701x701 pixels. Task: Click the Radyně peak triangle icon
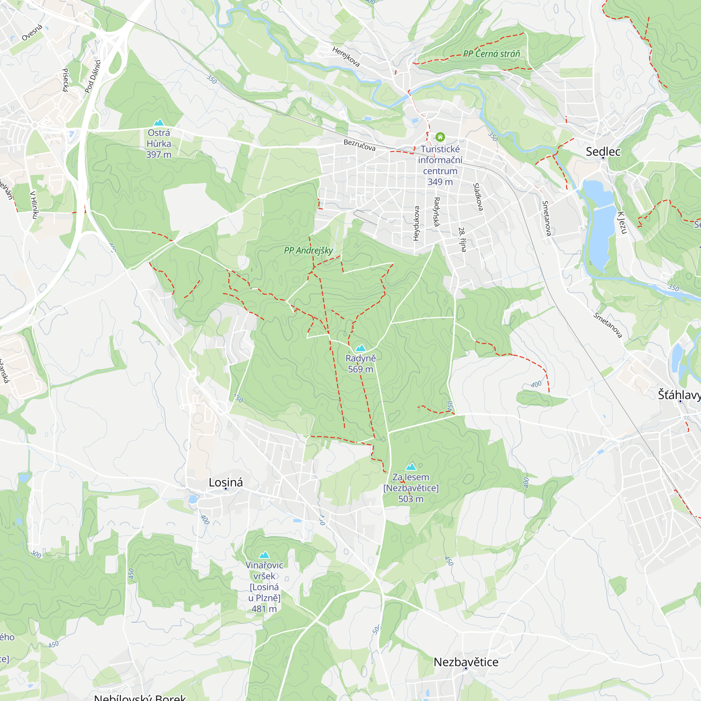pyautogui.click(x=360, y=348)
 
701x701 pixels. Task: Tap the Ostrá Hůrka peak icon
pyautogui.click(x=158, y=122)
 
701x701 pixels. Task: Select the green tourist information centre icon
pyautogui.click(x=440, y=137)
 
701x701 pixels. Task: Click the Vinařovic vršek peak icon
pyautogui.click(x=264, y=555)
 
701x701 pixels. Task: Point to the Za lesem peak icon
pyautogui.click(x=411, y=467)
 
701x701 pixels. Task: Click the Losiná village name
pyautogui.click(x=226, y=482)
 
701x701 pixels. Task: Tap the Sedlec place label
pyautogui.click(x=603, y=152)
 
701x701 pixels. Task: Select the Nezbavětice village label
pyautogui.click(x=466, y=662)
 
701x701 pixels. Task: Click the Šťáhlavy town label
pyautogui.click(x=679, y=395)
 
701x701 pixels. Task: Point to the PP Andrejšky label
pyautogui.click(x=308, y=250)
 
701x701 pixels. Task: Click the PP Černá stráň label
pyautogui.click(x=492, y=54)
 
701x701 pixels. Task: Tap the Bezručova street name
pyautogui.click(x=359, y=145)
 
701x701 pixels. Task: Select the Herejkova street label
pyautogui.click(x=346, y=56)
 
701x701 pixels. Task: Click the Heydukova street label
pyautogui.click(x=416, y=224)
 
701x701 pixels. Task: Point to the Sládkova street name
pyautogui.click(x=478, y=197)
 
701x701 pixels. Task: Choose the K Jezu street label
pyautogui.click(x=622, y=223)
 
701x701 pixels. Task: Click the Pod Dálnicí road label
pyautogui.click(x=93, y=76)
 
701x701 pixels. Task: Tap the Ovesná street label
pyautogui.click(x=32, y=33)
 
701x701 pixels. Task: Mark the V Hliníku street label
pyautogui.click(x=34, y=205)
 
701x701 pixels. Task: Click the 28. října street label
pyautogui.click(x=462, y=239)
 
